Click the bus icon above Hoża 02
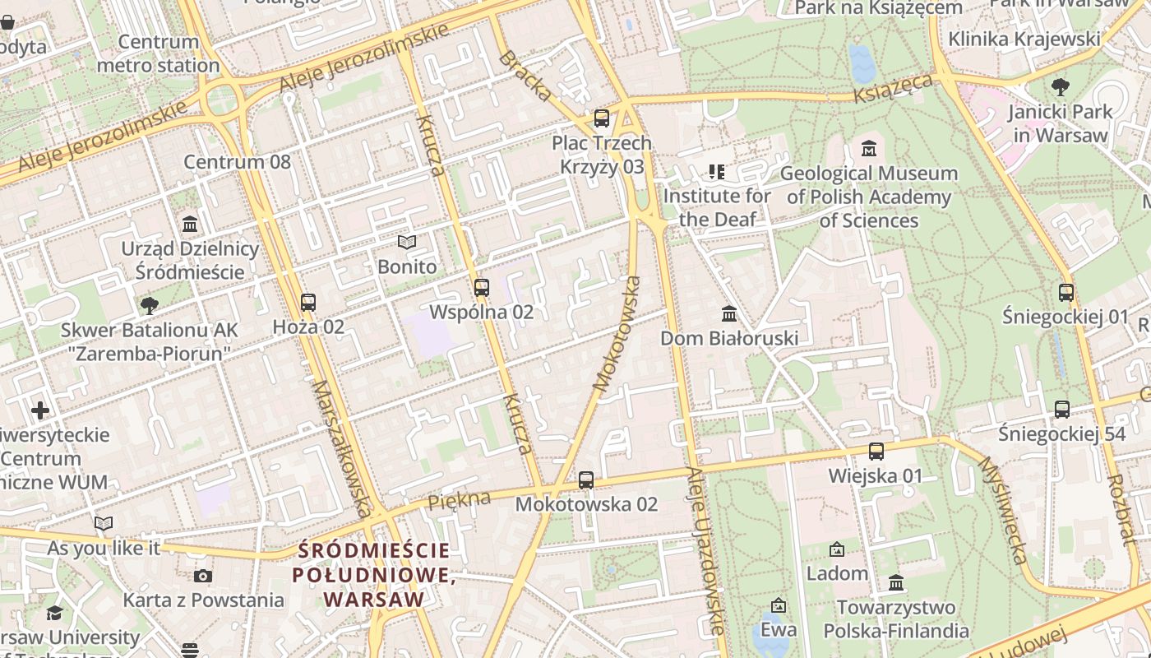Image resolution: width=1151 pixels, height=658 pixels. click(308, 303)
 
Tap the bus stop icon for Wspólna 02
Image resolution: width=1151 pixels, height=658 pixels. click(482, 288)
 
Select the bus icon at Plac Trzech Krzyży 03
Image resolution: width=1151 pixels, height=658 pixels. click(602, 118)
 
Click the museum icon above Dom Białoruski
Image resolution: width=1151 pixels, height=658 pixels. click(729, 314)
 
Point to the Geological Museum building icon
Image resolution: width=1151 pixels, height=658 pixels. click(869, 149)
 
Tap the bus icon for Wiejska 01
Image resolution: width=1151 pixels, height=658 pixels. click(876, 452)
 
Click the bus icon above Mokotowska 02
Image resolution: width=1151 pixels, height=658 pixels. click(586, 480)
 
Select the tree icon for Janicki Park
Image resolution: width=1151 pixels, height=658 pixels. click(1061, 86)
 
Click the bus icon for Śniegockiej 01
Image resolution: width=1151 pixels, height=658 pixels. click(1066, 292)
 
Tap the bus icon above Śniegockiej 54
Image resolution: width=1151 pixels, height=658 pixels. click(1062, 410)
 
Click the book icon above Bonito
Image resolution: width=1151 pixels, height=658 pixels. click(407, 242)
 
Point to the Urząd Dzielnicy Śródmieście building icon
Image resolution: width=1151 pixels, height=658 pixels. click(190, 224)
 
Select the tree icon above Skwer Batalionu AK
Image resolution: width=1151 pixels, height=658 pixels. click(149, 306)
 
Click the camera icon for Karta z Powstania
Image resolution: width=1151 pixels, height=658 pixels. click(203, 576)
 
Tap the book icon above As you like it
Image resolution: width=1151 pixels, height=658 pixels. click(104, 523)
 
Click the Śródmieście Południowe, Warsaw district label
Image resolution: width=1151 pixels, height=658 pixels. click(374, 575)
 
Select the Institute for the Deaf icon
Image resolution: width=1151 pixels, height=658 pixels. click(716, 172)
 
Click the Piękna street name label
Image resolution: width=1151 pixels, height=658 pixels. click(459, 499)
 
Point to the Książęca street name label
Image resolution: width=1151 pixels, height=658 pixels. click(893, 88)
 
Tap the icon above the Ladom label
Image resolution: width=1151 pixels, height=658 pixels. click(837, 549)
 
